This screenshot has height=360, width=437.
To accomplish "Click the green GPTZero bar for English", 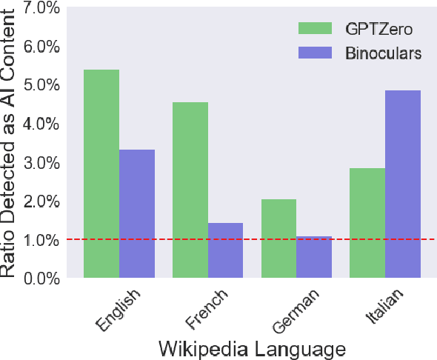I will click(101, 174).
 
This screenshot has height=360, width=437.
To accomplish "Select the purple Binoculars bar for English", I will click(137, 214).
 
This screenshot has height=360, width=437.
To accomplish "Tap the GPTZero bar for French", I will click(190, 190).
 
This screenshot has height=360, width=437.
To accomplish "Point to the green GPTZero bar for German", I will click(278, 239).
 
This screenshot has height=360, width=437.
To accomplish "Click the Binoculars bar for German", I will click(314, 257).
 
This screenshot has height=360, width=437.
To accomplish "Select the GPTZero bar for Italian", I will click(367, 223).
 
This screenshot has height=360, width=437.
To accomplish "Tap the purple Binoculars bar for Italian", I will click(402, 184).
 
